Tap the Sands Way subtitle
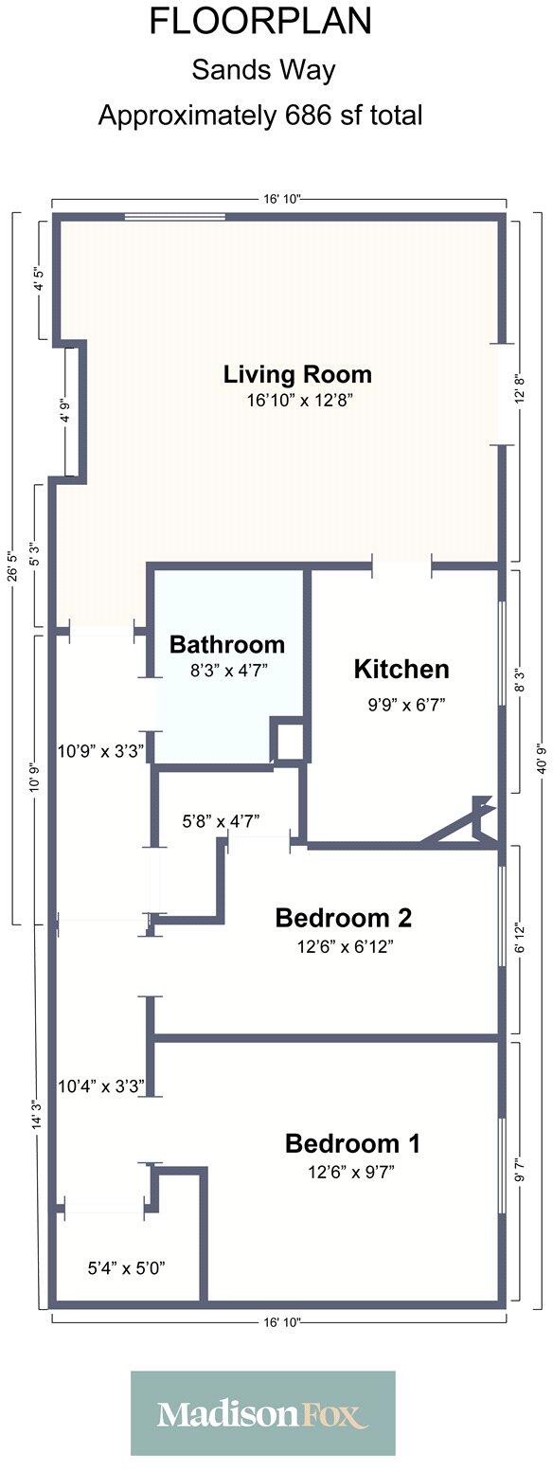tap(263, 70)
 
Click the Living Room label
tap(297, 374)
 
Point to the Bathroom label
tap(226, 645)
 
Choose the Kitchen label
tap(401, 670)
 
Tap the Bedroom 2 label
tap(343, 918)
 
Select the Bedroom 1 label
tap(352, 1143)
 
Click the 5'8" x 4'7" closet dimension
tap(221, 821)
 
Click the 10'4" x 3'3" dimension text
tap(99, 1086)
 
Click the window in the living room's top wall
tap(175, 218)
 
